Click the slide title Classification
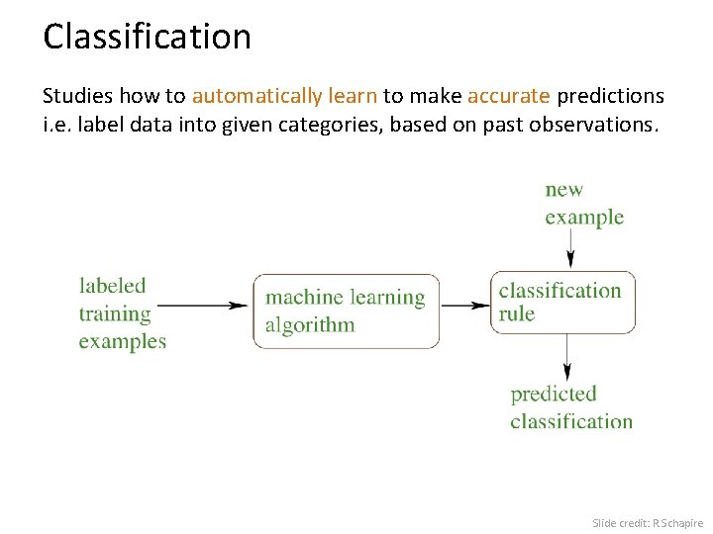pyautogui.click(x=147, y=38)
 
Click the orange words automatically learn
pyautogui.click(x=284, y=96)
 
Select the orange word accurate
pyautogui.click(x=508, y=96)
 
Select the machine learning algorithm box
pyautogui.click(x=346, y=311)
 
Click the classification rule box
pyautogui.click(x=562, y=302)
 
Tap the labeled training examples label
pyautogui.click(x=122, y=313)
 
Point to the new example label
pyautogui.click(x=584, y=204)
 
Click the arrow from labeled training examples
pyautogui.click(x=203, y=306)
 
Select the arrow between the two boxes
pyautogui.click(x=464, y=306)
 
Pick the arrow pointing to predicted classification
pyautogui.click(x=567, y=358)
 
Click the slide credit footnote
pyautogui.click(x=647, y=522)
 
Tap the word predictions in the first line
pyautogui.click(x=610, y=96)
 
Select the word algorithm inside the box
pyautogui.click(x=309, y=325)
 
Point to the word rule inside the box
pyautogui.click(x=516, y=314)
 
